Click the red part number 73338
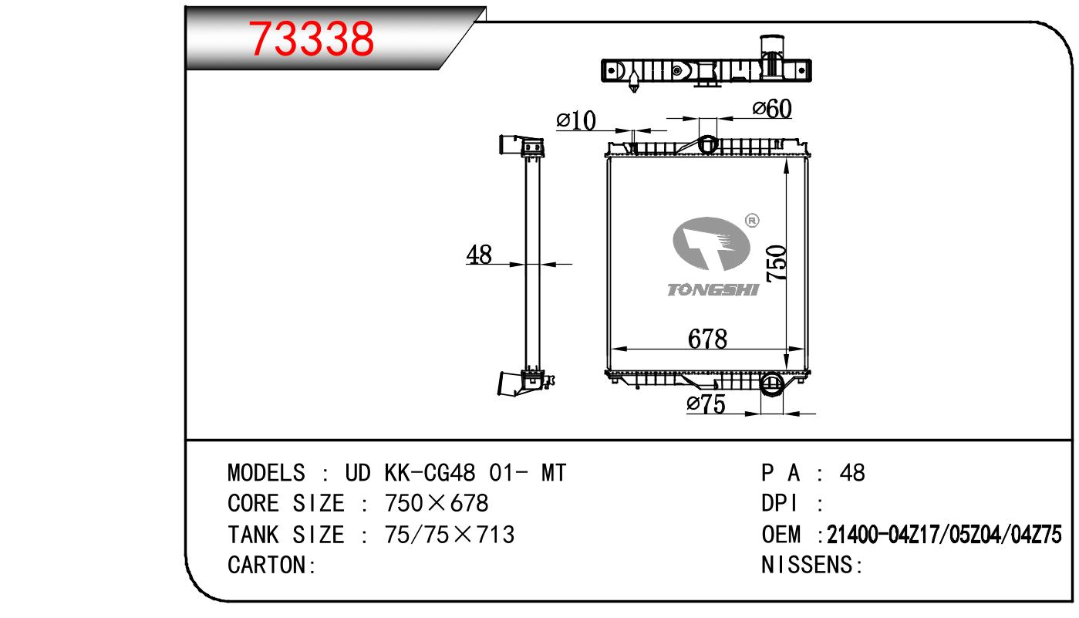click(311, 39)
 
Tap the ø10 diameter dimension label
click(576, 120)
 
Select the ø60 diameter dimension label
click(772, 108)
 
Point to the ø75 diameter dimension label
click(706, 404)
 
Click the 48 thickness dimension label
click(479, 255)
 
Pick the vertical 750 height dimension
click(777, 263)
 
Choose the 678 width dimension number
click(707, 339)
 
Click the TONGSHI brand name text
click(713, 289)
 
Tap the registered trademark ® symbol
click(752, 221)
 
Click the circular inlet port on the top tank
click(707, 144)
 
